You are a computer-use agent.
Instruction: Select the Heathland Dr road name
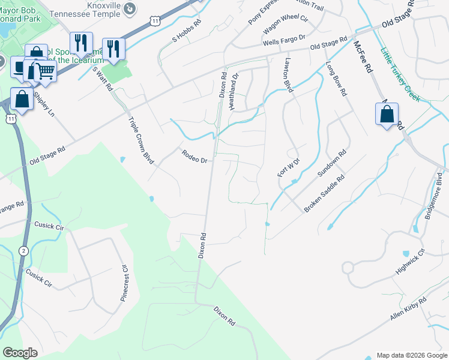(234, 91)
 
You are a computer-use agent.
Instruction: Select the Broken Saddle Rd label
(324, 193)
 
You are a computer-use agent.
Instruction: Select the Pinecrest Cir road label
(126, 283)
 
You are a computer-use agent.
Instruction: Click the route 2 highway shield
(23, 251)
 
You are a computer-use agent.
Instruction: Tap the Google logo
(20, 353)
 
